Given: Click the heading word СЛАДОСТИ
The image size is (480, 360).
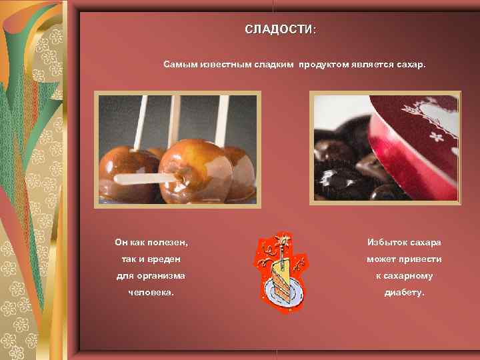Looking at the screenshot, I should click(x=278, y=30).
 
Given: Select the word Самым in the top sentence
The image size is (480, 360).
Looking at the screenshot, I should click(x=179, y=65).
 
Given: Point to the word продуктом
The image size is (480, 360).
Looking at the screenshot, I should click(x=321, y=65).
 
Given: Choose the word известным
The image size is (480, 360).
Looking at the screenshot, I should click(x=223, y=65).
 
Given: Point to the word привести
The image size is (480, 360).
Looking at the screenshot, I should click(x=421, y=259).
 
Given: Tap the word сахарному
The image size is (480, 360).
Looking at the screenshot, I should click(x=409, y=275).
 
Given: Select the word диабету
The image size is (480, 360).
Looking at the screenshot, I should click(x=404, y=293).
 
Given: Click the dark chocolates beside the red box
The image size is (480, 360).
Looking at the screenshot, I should click(x=340, y=167).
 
